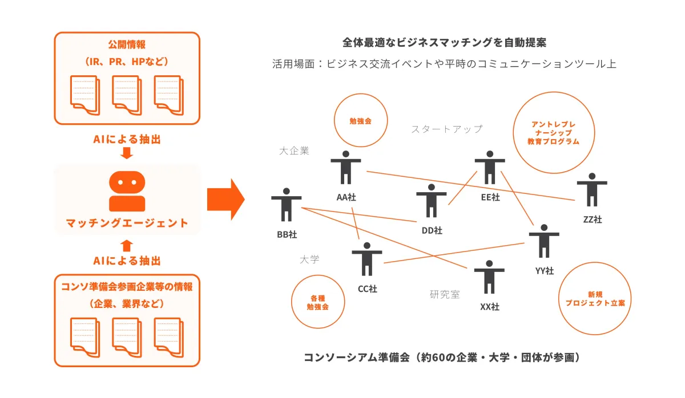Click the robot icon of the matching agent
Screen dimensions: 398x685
coord(127,192)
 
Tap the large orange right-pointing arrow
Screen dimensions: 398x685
coord(225,198)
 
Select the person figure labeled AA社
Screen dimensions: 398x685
coord(345,169)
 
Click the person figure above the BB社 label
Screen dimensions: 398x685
coord(286,204)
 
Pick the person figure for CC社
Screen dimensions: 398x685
coord(366,259)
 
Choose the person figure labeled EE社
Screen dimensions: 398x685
coord(489,168)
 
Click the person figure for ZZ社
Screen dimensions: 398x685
coord(592,190)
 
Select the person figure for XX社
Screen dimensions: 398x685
coord(489,277)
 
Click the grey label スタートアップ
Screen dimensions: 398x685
coord(446,129)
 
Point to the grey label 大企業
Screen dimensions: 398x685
coord(294,151)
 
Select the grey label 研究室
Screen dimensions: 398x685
coord(445,294)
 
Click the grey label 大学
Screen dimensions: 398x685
coord(309,259)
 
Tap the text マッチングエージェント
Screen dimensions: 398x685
coord(127,223)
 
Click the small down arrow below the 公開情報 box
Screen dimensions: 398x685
coord(127,153)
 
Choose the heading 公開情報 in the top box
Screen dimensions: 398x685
coord(127,44)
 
